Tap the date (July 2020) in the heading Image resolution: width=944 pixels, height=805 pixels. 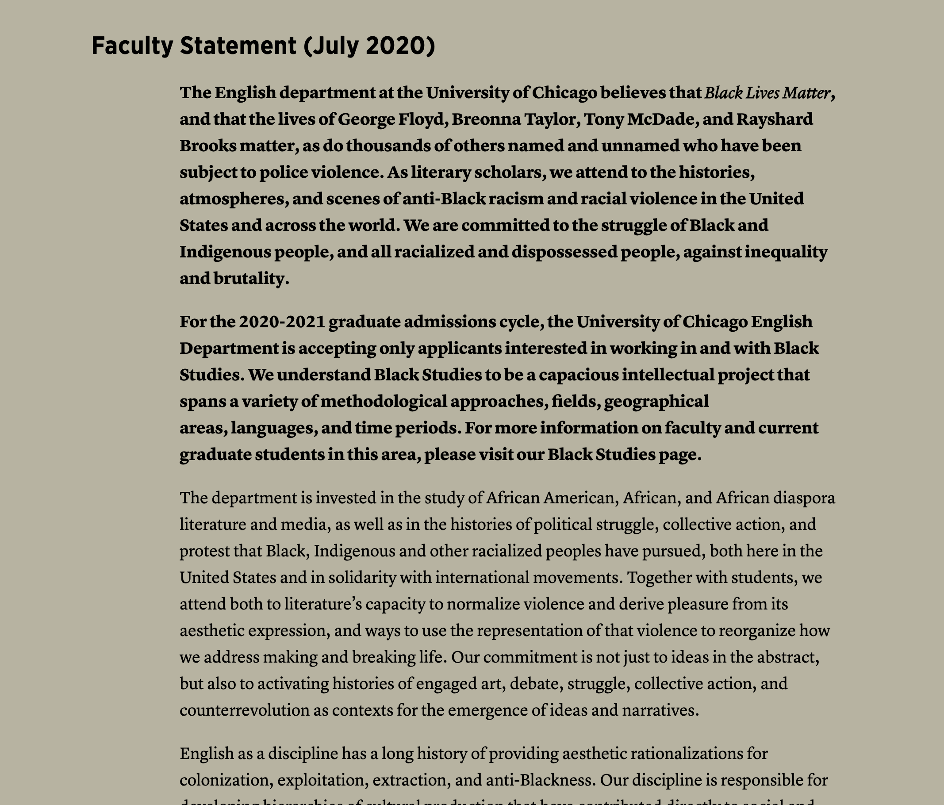click(x=369, y=46)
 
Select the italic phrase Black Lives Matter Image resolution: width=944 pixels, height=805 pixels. click(x=767, y=93)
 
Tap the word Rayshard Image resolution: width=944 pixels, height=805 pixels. click(x=775, y=119)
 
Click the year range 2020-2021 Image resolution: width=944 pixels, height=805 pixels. click(x=281, y=322)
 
